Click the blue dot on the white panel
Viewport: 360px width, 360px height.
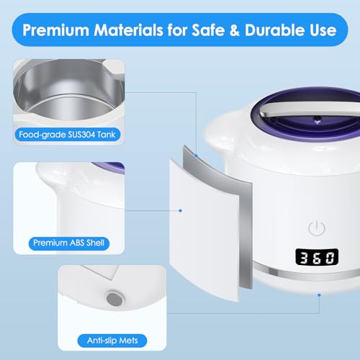(179, 210)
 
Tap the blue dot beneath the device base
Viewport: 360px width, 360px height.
(319, 294)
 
